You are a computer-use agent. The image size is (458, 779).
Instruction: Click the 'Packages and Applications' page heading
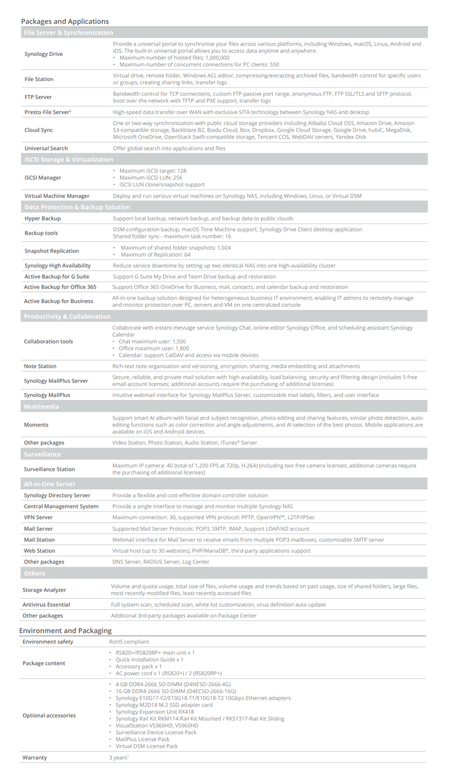[x=65, y=22]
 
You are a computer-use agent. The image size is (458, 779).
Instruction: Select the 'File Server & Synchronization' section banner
[x=68, y=33]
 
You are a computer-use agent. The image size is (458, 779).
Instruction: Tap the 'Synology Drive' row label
[x=44, y=54]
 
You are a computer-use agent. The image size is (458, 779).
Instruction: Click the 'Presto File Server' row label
[x=48, y=112]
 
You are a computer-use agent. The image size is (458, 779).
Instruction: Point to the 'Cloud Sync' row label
[x=38, y=130]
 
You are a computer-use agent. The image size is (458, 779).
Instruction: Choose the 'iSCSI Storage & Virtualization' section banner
[x=69, y=160]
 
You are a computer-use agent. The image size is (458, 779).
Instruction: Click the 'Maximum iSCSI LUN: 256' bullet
[x=151, y=178]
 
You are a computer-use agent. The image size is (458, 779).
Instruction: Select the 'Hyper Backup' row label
[x=42, y=218]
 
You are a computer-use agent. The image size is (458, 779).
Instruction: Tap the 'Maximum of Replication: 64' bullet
[x=155, y=254]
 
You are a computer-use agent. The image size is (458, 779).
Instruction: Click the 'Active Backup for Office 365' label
[x=60, y=287]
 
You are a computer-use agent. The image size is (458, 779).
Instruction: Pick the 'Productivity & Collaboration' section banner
[x=67, y=317]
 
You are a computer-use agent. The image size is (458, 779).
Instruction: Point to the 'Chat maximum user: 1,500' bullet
[x=152, y=341]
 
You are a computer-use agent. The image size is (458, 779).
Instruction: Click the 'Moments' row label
[x=36, y=425]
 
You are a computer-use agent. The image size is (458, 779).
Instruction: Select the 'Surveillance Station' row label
[x=49, y=469]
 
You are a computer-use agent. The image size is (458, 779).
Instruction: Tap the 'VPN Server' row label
[x=38, y=517]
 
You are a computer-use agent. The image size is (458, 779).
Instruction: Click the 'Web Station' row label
[x=39, y=551]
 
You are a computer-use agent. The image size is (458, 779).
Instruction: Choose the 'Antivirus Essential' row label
[x=46, y=605]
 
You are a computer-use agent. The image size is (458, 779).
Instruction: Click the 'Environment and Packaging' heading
[x=65, y=631]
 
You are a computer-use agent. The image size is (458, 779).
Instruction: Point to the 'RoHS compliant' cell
[x=129, y=642]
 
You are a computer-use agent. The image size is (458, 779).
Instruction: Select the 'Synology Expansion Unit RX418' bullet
[x=154, y=712]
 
